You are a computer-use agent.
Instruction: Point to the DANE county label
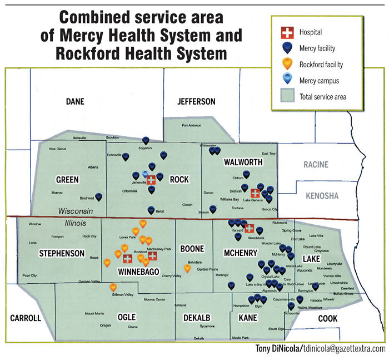pos(74,101)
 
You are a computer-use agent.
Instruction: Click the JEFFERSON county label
pos(196,101)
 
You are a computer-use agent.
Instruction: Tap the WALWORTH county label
pos(243,162)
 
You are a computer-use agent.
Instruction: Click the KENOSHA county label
pos(321,196)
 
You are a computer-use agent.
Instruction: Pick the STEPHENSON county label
pos(62,254)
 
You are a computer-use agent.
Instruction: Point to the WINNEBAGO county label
pos(137,271)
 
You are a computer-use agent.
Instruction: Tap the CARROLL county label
pos(26,318)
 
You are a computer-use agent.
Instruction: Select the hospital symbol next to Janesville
pos(151,180)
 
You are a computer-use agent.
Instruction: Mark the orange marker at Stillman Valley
pos(113,287)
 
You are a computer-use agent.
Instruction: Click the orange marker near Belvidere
pos(187,268)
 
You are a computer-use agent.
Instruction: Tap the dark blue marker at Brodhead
pos(99,196)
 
